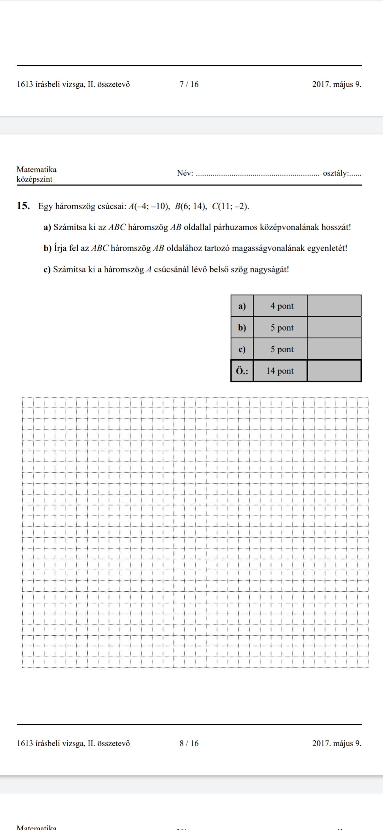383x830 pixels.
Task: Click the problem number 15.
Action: (x=23, y=206)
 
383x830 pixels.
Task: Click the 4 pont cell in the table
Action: (x=282, y=306)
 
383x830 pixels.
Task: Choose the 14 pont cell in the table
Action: (x=280, y=371)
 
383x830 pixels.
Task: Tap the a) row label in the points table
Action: (x=242, y=306)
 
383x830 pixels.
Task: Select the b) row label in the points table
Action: (x=242, y=328)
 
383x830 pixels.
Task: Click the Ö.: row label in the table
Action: (x=242, y=371)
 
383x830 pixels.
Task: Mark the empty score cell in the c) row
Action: (x=334, y=349)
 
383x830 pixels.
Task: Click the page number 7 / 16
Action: (x=189, y=84)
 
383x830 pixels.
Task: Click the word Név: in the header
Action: (x=185, y=173)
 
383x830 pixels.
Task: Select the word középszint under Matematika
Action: (x=34, y=179)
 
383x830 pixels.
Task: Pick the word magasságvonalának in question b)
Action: (x=268, y=248)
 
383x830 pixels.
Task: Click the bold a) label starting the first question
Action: (x=48, y=227)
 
